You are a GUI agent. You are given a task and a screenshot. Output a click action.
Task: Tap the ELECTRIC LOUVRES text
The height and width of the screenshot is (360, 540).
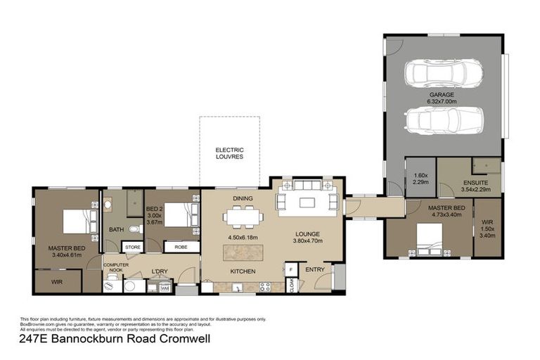pos(229,153)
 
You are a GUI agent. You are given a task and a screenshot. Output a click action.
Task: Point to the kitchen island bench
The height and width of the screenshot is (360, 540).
pos(247,251)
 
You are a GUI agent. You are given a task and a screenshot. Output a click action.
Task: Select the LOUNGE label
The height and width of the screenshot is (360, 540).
pos(307,234)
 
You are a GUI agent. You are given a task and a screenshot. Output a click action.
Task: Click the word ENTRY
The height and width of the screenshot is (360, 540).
pos(314,269)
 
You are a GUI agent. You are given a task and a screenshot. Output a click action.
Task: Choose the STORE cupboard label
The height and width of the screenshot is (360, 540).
pos(133,247)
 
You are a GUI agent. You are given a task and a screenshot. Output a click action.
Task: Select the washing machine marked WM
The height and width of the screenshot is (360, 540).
pos(165,287)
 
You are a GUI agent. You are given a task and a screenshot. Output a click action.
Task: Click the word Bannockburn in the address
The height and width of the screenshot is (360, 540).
pos(92,340)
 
